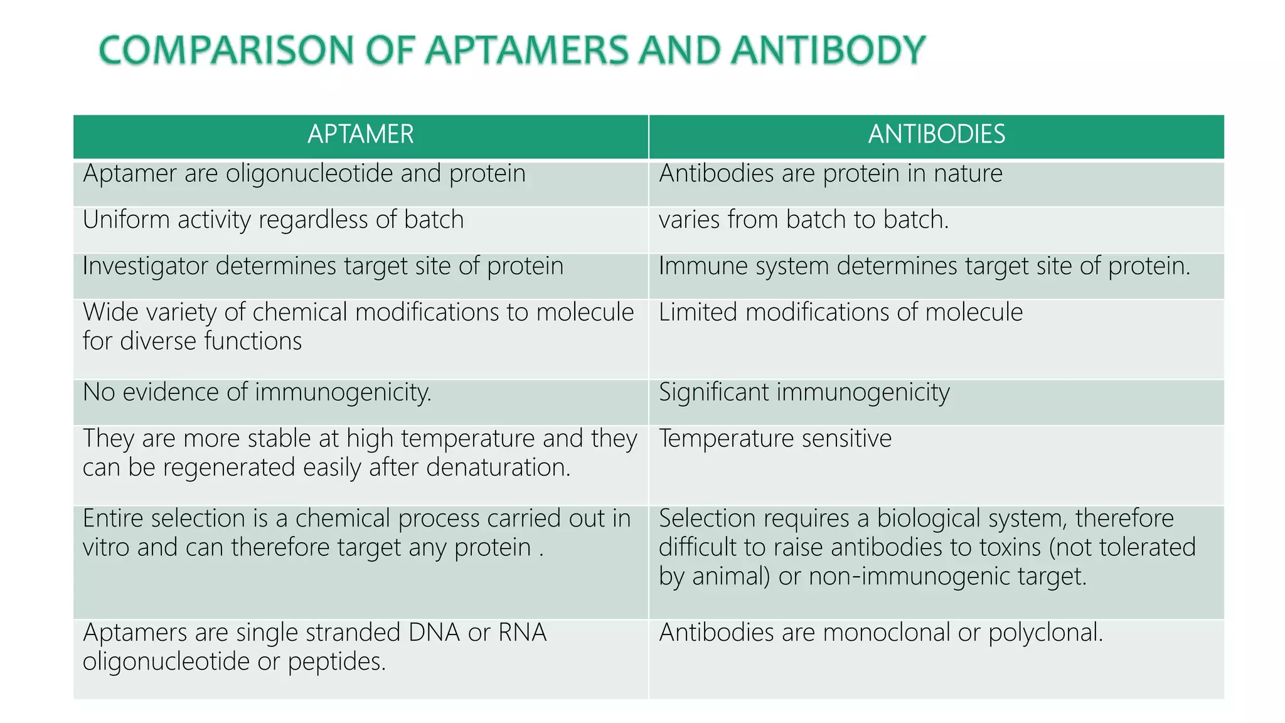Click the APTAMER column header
coord(360,135)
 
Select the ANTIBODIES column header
coord(936,135)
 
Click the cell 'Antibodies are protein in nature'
coord(830,174)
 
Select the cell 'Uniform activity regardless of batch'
coord(273,220)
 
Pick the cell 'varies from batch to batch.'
coord(803,220)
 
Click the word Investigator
coord(145,266)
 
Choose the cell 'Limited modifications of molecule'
coord(841,313)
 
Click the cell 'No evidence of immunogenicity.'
coord(257,393)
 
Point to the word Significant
coord(713,393)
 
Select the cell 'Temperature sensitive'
coord(775,439)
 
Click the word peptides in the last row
coord(336,661)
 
